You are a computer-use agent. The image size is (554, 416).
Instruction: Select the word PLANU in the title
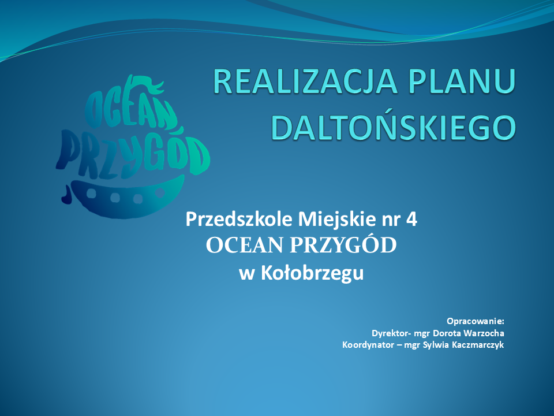[x=462, y=81]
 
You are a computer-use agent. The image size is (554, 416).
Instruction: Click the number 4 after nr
[x=412, y=220]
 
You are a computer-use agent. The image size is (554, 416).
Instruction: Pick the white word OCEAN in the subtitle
[x=245, y=245]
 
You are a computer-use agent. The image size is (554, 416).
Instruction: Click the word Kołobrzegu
[x=312, y=273]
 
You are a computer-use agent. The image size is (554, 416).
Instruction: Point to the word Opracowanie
[x=475, y=321]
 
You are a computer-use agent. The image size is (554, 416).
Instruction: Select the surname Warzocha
[x=484, y=333]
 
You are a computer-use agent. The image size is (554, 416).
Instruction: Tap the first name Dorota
[x=447, y=333]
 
